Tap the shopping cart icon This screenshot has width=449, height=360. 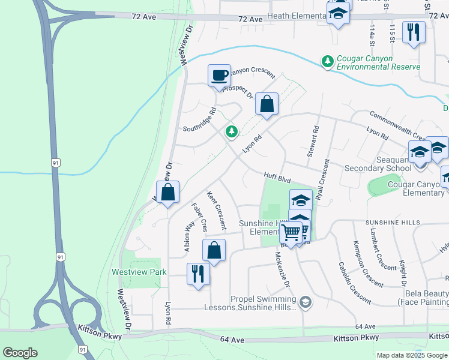[291, 232]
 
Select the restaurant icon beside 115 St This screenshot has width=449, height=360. [413, 32]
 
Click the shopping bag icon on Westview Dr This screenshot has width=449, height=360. [169, 193]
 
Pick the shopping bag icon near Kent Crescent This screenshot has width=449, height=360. [214, 250]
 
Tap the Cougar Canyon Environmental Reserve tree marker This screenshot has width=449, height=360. [328, 61]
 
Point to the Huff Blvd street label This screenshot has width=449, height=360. [277, 177]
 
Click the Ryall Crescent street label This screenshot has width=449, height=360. [324, 179]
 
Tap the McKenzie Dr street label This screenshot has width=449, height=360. [281, 268]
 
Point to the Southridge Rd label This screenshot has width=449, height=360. [200, 120]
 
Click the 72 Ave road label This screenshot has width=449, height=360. [250, 20]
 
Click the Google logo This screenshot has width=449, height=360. [20, 352]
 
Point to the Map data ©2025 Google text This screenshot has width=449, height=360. [411, 355]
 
